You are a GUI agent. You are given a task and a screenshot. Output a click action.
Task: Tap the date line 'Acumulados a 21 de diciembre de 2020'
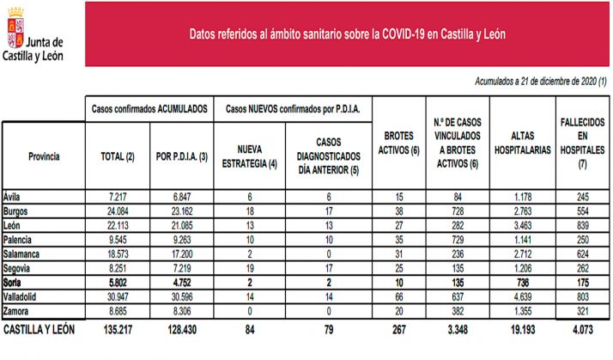[540, 81]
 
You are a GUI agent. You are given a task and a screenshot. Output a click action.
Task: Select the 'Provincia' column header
[43, 156]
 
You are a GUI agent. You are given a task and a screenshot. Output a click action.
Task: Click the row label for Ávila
[12, 196]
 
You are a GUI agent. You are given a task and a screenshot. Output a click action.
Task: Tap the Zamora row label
[17, 310]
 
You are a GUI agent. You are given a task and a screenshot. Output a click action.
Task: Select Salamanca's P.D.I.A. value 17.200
[180, 254]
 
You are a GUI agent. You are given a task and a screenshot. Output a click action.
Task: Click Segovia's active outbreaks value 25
[398, 269]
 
